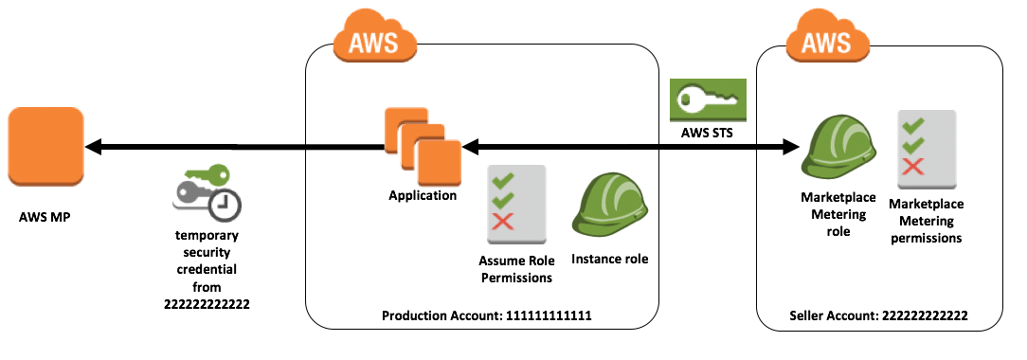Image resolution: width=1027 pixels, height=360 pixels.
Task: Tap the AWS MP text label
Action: pos(45,216)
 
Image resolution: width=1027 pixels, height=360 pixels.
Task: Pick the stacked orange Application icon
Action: pos(422,146)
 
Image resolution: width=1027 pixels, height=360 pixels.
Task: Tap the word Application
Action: pos(422,196)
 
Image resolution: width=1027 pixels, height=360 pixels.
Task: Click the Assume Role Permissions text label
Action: pos(515,270)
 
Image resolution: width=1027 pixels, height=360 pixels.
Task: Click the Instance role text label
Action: pos(610,259)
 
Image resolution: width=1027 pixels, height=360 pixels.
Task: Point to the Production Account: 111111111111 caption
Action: pos(487,315)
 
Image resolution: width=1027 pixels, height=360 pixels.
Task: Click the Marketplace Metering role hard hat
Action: pos(830,148)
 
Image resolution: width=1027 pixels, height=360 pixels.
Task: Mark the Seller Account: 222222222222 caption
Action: pos(878,315)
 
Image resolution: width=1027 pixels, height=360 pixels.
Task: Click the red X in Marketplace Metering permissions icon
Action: pos(914,167)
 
